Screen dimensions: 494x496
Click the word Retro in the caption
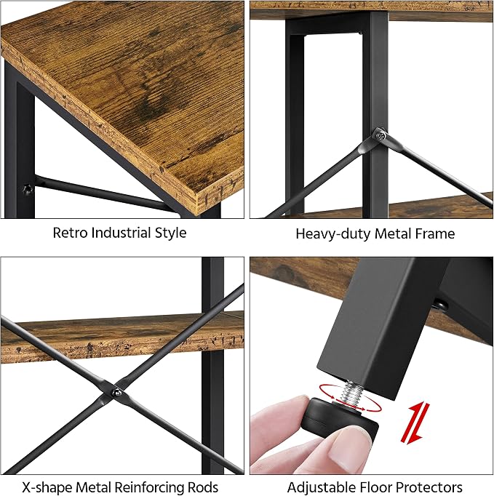[x=70, y=233]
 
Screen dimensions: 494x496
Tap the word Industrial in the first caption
[x=121, y=233]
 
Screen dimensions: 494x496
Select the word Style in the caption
[x=170, y=233]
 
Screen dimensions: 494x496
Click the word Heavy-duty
[x=333, y=234]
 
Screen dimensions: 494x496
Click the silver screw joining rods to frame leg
[x=381, y=136]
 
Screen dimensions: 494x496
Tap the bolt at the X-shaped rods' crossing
[x=117, y=393]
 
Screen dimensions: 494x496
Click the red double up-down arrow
[x=415, y=423]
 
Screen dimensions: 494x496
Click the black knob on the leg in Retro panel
[x=28, y=190]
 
